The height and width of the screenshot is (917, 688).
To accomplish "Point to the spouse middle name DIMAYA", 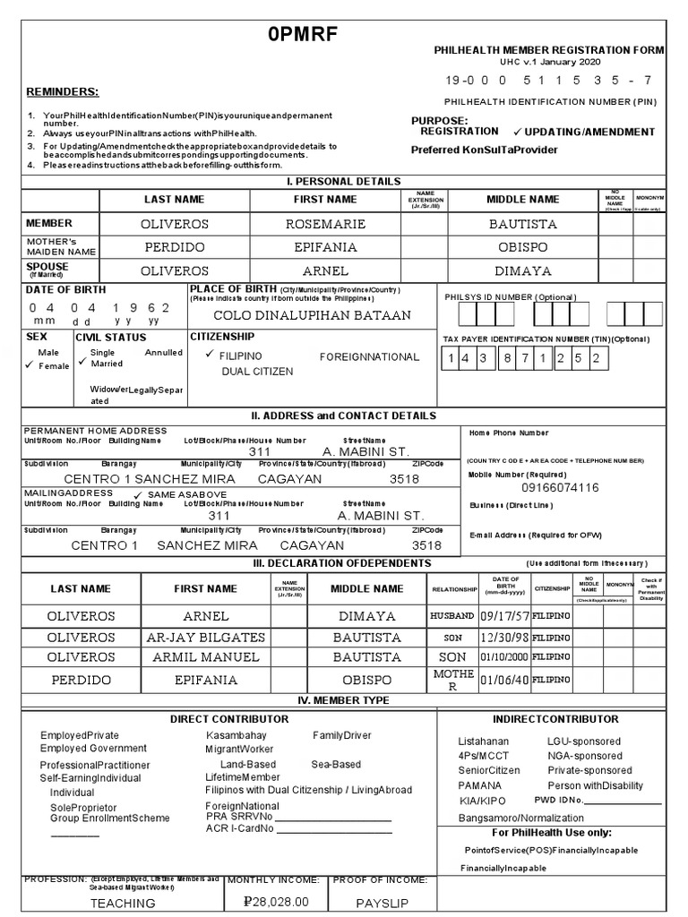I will click(522, 270).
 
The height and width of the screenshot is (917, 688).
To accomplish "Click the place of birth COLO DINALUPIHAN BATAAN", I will click(312, 315).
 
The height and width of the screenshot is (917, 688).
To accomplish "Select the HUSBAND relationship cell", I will click(452, 616).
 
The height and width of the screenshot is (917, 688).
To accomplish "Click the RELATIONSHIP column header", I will click(453, 589).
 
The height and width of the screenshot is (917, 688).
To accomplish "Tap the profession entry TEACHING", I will click(123, 904).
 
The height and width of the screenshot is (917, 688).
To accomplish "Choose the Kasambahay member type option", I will click(236, 735).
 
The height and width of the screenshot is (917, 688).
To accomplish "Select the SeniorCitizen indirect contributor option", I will click(489, 770).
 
